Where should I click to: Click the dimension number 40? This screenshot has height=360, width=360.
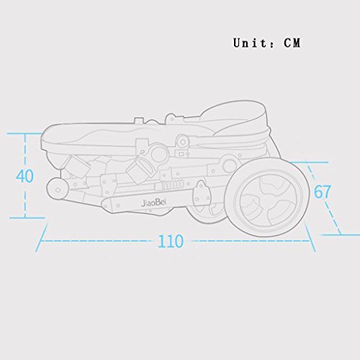24,176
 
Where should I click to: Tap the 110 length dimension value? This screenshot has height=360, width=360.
171,241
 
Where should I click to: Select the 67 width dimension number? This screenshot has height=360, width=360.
323,192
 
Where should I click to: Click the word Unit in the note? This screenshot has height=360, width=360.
250,43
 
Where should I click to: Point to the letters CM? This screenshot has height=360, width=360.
292,43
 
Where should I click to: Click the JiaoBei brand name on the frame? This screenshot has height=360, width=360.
153,203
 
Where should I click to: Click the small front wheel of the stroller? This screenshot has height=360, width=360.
58,189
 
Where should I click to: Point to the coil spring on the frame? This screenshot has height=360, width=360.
173,184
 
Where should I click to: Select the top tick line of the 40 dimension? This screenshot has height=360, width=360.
24,133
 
